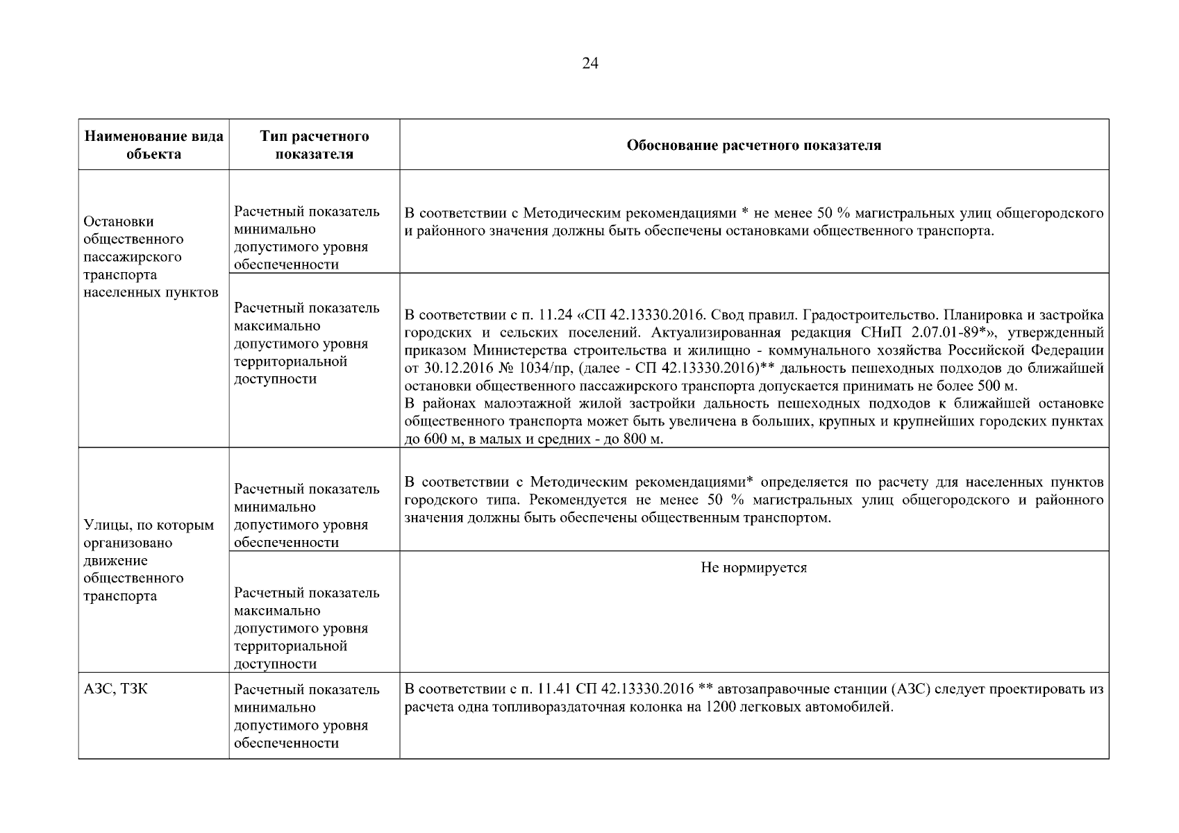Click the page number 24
(x=589, y=64)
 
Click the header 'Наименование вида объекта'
(x=153, y=145)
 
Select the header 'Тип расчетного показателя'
(x=314, y=145)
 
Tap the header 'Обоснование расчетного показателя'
(x=753, y=145)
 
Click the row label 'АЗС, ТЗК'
(x=115, y=690)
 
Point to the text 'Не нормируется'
(x=753, y=568)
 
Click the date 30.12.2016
(x=449, y=368)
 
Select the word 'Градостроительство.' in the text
(x=863, y=314)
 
